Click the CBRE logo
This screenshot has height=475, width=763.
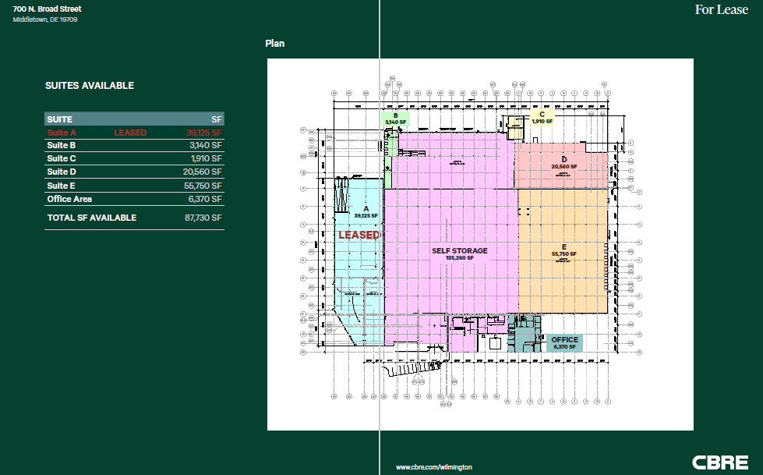point(719,462)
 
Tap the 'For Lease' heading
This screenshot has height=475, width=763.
point(721,10)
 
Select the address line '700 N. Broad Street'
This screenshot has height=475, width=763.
point(47,9)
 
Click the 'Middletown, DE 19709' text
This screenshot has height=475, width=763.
point(45,19)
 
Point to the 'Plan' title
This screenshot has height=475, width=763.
point(275,44)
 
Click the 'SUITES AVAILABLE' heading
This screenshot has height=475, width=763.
point(90,86)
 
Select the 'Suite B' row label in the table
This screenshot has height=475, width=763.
point(62,145)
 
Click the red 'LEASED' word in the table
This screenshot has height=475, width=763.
point(130,133)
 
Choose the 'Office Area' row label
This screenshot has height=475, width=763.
point(69,199)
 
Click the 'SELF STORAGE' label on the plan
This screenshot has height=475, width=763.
point(460,251)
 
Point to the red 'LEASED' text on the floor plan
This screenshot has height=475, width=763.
point(359,235)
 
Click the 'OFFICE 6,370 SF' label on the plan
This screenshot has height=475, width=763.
point(564,343)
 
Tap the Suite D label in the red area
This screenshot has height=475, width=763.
point(563,162)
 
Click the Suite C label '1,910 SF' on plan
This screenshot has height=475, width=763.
point(542,118)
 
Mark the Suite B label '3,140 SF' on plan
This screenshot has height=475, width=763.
point(396,119)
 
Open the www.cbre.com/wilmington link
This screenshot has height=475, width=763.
point(434,466)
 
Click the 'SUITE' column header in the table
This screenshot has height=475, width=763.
point(60,119)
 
